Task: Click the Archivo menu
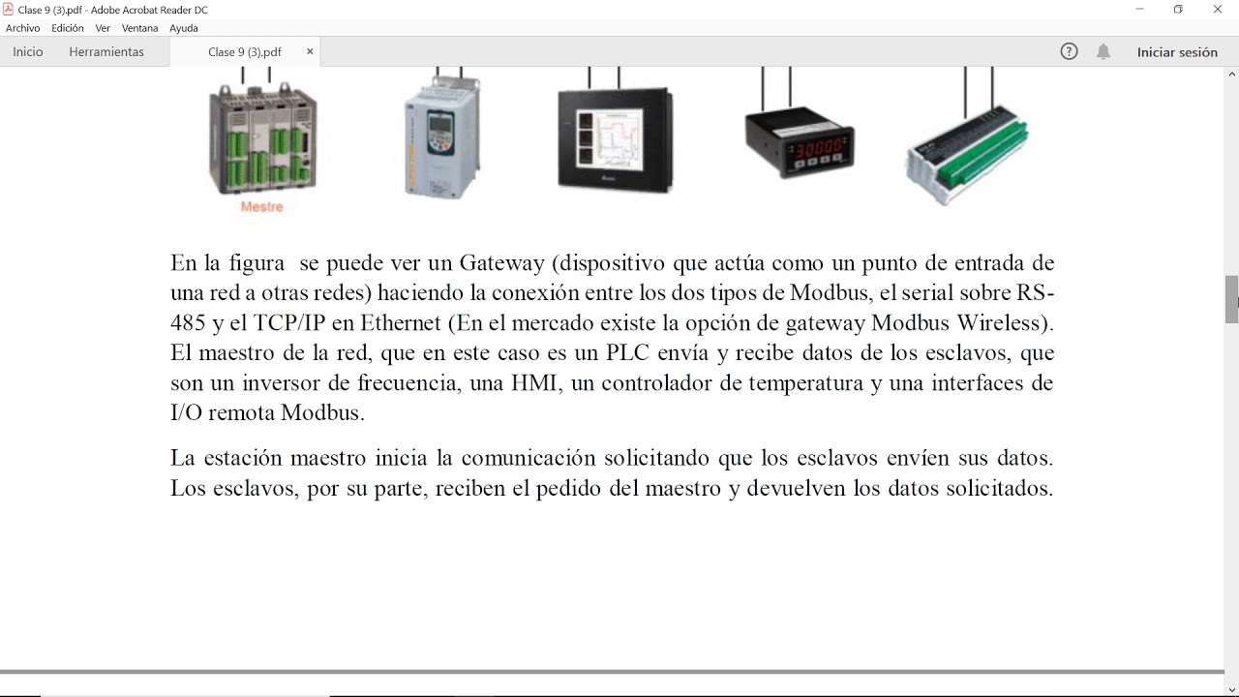23,28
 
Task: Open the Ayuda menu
184,28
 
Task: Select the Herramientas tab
106,52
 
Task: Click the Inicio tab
28,52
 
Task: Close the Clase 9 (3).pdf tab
310,51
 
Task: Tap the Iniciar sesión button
1177,52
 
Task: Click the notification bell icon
1103,52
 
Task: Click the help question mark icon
1070,52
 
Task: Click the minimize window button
1139,10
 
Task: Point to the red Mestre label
261,207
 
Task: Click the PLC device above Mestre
263,138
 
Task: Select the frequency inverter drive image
441,136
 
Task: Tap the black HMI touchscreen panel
616,139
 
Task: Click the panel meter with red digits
800,144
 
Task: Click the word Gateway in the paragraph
500,263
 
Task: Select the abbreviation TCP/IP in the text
289,322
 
